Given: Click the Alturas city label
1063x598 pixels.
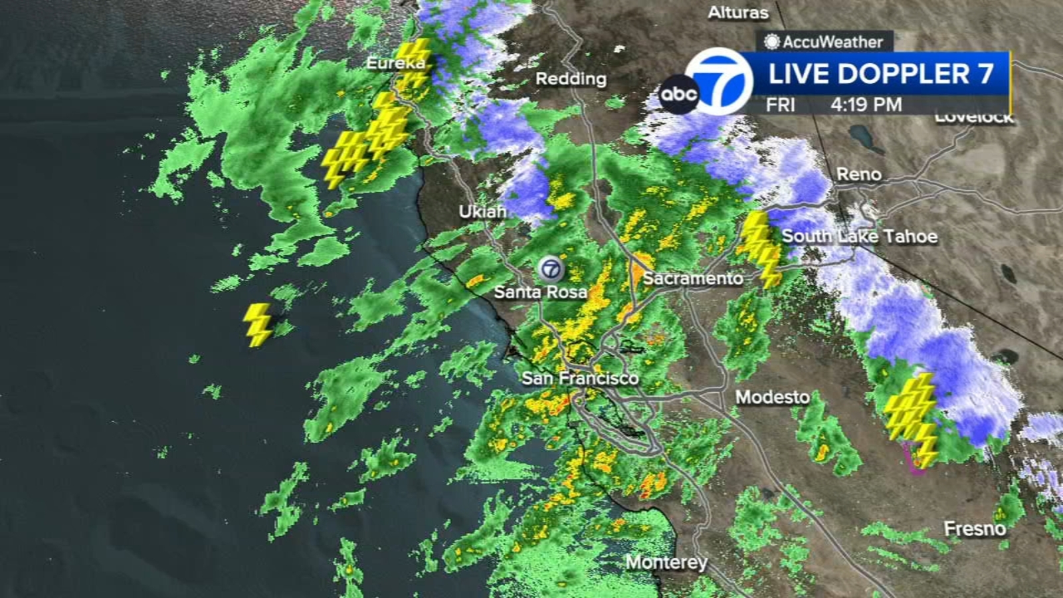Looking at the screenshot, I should (737, 13).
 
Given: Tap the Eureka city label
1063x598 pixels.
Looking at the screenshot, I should (396, 63).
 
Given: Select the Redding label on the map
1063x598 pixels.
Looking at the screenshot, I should (571, 79).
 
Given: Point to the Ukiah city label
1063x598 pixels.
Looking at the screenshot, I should (482, 211).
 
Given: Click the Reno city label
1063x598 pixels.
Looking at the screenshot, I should (858, 175).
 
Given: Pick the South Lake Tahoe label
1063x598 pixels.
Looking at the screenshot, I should (859, 237).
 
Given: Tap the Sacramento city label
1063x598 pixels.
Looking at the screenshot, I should (692, 278).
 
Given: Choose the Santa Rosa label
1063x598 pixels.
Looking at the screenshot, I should (540, 292).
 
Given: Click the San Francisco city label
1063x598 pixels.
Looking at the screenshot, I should (579, 379).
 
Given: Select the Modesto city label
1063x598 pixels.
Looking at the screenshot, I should (772, 397).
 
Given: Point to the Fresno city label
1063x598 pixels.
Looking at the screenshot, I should (975, 529).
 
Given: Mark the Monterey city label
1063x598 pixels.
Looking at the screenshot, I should (666, 562).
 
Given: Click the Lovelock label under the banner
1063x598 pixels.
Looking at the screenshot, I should (974, 119).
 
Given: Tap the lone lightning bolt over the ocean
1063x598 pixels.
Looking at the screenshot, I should (258, 324).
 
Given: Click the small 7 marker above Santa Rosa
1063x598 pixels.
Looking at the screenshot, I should (551, 269).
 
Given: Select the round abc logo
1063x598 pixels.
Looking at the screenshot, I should (678, 94).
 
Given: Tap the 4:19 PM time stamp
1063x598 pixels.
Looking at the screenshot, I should (866, 105).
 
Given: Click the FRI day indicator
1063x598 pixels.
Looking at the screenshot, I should (780, 105).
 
